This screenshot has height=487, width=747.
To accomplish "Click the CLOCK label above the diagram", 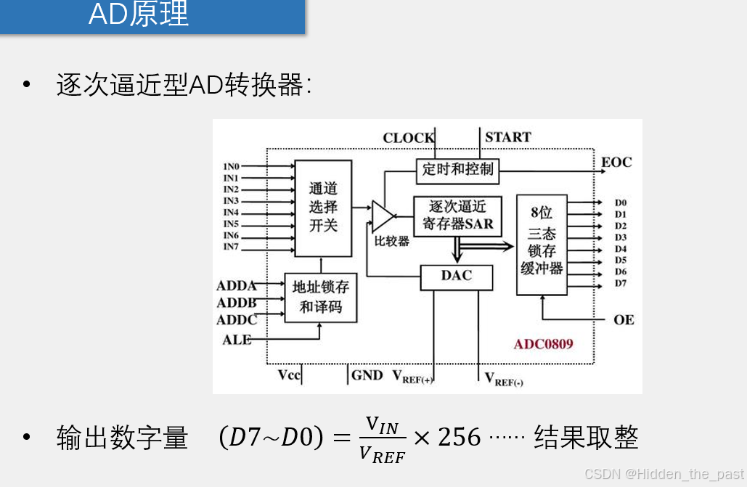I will (x=408, y=138).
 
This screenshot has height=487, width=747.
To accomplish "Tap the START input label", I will (x=507, y=137).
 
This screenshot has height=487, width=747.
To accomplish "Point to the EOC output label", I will (x=616, y=162).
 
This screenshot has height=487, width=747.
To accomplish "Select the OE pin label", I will (x=624, y=319).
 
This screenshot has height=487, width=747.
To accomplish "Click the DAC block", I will (x=457, y=276).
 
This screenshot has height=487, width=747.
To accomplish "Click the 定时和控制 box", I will (x=457, y=169).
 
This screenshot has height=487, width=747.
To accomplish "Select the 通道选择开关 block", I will (x=323, y=208).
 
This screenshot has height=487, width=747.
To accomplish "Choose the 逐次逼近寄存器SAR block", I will (x=457, y=216).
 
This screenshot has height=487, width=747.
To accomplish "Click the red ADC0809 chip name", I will (x=543, y=343).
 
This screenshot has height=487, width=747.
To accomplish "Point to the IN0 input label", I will (x=231, y=167).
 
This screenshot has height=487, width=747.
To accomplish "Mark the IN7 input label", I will (x=231, y=247).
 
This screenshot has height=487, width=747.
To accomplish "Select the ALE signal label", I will (x=237, y=340).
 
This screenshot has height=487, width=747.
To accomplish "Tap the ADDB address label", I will (x=237, y=303).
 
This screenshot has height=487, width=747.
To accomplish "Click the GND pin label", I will (x=367, y=375).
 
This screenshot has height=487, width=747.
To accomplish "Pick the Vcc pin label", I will (x=289, y=375).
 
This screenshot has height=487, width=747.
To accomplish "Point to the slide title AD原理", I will (x=139, y=15).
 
